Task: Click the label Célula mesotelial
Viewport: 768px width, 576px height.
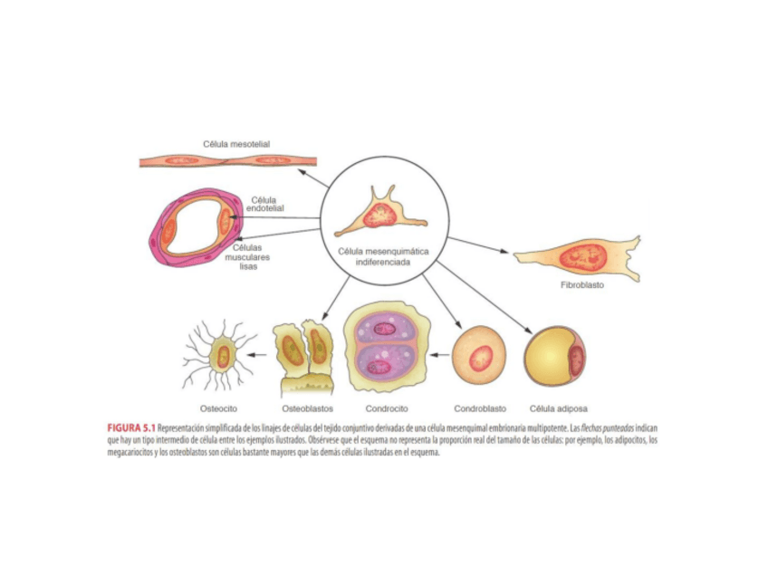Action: [235, 144]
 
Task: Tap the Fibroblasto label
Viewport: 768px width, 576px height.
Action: [581, 284]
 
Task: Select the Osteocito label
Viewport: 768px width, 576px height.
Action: [219, 408]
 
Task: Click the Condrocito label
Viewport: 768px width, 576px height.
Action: [387, 408]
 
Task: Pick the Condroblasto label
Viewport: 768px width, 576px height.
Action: [479, 408]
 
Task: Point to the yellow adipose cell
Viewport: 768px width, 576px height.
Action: [552, 357]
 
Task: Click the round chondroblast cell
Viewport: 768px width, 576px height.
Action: [479, 355]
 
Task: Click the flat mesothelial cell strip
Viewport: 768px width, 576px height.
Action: [226, 161]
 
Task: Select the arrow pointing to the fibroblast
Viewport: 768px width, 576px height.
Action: [480, 245]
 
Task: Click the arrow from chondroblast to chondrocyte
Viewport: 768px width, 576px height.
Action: [440, 355]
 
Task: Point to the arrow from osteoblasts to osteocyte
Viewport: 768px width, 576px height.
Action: [259, 355]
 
